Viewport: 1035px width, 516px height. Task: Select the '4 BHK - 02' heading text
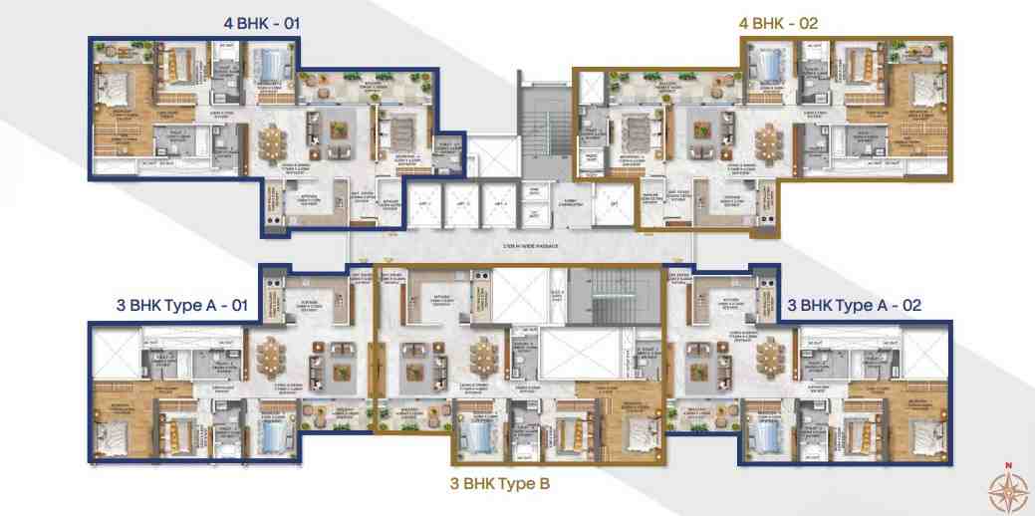[778, 22]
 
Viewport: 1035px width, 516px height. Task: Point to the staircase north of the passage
[542, 120]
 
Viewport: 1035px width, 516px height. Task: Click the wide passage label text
[518, 243]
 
